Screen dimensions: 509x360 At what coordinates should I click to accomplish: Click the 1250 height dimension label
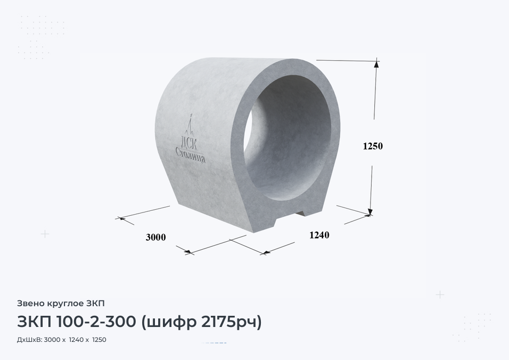(x=373, y=146)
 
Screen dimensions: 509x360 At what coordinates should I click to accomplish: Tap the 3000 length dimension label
(x=156, y=238)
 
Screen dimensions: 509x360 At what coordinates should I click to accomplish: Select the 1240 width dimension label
(x=319, y=235)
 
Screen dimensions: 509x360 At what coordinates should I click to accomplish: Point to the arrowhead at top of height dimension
(x=376, y=63)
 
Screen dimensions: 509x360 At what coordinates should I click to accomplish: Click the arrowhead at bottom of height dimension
(x=371, y=211)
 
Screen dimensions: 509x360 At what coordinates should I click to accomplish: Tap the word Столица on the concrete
(x=191, y=155)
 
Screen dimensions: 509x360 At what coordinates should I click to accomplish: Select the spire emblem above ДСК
(x=190, y=125)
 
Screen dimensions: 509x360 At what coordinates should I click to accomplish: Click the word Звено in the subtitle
(x=31, y=304)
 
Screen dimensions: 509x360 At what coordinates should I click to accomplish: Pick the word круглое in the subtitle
(x=66, y=304)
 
